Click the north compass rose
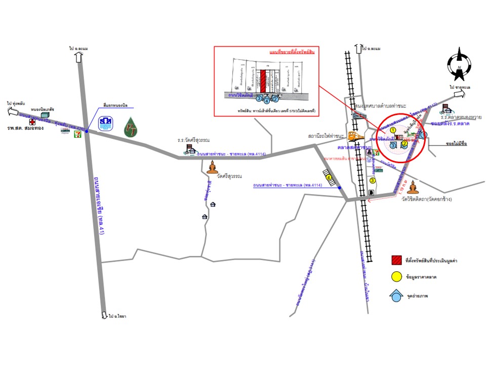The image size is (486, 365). pyautogui.click(x=459, y=64)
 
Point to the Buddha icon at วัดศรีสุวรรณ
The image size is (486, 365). pyautogui.click(x=212, y=167)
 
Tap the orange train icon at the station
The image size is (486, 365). pyautogui.click(x=355, y=136)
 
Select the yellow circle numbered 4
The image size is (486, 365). pyautogui.click(x=330, y=178)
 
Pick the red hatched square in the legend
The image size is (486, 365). pyautogui.click(x=396, y=261)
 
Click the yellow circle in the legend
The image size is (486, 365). pyautogui.click(x=396, y=277)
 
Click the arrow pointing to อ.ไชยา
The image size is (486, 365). pyautogui.click(x=104, y=314)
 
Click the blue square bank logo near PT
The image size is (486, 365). pyautogui.click(x=105, y=124)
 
